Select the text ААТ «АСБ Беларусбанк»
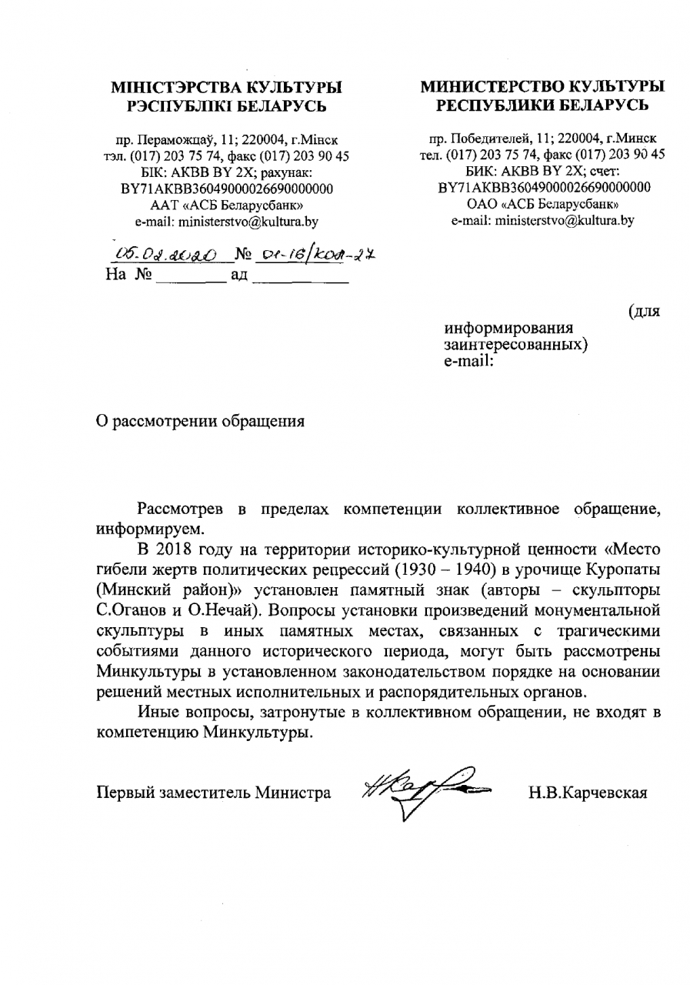227,205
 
